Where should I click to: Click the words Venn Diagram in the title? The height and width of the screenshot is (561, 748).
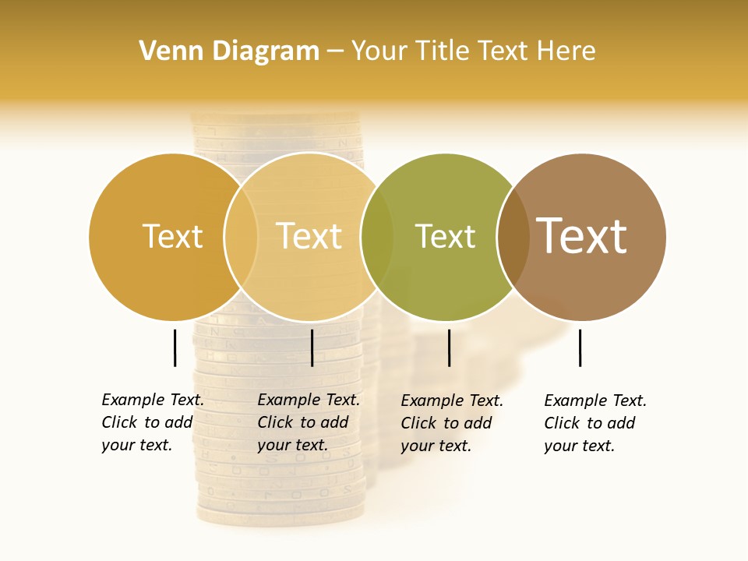pos(229,51)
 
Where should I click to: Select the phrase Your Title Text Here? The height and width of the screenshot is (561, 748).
pos(473,51)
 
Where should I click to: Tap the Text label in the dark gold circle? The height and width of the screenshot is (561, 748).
pos(172,236)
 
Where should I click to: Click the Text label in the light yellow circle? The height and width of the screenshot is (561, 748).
pos(309,236)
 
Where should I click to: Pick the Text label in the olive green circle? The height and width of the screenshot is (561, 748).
pos(445,237)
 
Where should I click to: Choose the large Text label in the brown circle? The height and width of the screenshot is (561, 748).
pos(582,236)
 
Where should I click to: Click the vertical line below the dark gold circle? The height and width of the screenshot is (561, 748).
pos(175,348)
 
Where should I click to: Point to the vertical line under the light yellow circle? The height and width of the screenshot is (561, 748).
pos(312,348)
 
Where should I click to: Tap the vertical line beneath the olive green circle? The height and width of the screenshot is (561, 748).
pos(449,348)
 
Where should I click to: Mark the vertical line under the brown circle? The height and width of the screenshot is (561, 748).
pos(580,348)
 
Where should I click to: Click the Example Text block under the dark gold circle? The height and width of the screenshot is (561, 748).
pos(153,422)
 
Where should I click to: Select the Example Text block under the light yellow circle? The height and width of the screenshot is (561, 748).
pos(309,422)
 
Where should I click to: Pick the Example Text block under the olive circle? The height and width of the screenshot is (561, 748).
pos(452,423)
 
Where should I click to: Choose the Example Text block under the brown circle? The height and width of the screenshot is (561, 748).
pos(595,423)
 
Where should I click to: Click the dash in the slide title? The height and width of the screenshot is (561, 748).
pos(335,51)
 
